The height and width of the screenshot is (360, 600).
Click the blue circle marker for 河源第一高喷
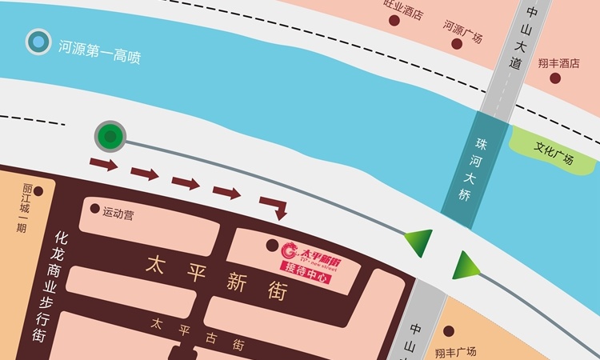point(37,42)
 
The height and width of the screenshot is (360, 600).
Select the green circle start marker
point(110,137)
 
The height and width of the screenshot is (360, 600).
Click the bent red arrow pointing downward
point(274,206)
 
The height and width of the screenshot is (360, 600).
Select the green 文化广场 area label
point(554,150)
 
